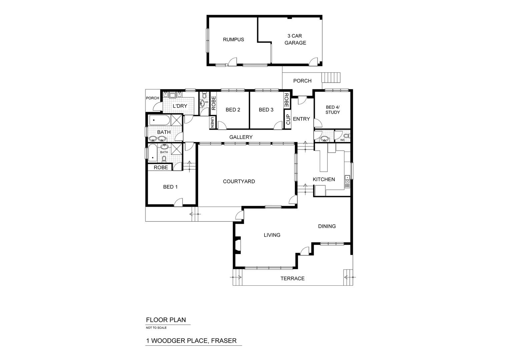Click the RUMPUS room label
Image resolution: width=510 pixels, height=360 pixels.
[x=233, y=39]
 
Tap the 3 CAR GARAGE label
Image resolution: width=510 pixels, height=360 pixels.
[x=295, y=39]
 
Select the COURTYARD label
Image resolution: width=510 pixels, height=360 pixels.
[x=239, y=181]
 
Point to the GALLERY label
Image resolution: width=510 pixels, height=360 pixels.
[x=241, y=137]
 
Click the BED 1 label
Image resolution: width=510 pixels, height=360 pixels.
[x=170, y=187]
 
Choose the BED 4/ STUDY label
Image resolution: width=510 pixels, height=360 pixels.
[x=332, y=110]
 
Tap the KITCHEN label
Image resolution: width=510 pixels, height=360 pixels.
[x=324, y=179]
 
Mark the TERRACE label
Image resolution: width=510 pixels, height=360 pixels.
[x=292, y=278]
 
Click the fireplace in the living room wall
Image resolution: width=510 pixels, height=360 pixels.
[x=237, y=244]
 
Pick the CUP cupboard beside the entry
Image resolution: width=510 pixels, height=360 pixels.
[x=288, y=119]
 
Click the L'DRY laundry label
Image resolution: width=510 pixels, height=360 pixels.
[x=180, y=106]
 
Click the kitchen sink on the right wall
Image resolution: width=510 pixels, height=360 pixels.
[x=347, y=181]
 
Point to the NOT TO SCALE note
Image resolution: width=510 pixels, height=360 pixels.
[x=156, y=328]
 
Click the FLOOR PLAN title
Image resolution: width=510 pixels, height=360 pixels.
[x=166, y=320]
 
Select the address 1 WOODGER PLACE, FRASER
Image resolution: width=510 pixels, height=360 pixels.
[x=191, y=341]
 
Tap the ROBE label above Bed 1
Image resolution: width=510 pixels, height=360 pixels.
[x=161, y=167]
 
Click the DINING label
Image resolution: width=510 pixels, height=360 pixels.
[x=327, y=226]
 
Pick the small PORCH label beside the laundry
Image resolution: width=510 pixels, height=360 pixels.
[x=152, y=98]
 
